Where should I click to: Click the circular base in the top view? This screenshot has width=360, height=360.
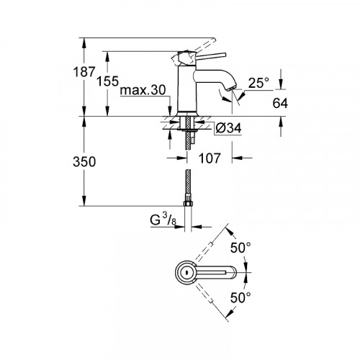pos(185,272)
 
